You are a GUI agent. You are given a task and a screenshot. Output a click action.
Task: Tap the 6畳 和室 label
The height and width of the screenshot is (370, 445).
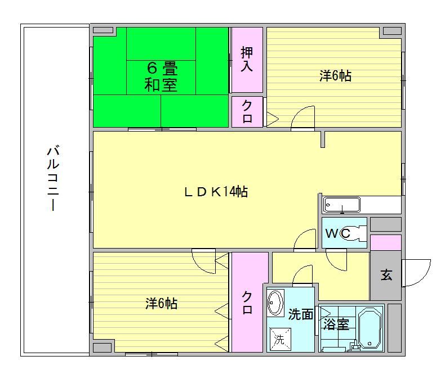(x=161, y=78)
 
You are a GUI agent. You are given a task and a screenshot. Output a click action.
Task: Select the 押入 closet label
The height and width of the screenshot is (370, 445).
(x=247, y=59)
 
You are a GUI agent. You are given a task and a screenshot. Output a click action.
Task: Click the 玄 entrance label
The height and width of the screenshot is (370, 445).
(x=386, y=276)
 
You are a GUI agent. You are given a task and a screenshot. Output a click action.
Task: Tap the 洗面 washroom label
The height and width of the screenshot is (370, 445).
(x=300, y=315)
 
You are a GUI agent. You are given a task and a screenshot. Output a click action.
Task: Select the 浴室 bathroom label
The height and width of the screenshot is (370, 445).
(x=336, y=324)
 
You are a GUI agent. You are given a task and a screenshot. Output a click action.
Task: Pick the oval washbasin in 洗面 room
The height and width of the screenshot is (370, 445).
(x=275, y=303)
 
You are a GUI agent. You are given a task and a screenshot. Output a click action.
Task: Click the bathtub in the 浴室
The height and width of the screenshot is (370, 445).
(x=370, y=329)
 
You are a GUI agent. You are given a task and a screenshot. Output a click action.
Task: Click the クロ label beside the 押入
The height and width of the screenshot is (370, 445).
(x=247, y=112)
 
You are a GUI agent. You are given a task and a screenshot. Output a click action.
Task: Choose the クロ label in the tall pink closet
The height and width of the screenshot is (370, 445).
(x=247, y=303)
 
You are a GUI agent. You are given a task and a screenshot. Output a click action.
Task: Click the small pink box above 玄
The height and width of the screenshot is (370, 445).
(x=385, y=243)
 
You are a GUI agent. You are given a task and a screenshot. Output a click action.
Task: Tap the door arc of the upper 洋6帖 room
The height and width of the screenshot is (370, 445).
(x=302, y=118)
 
